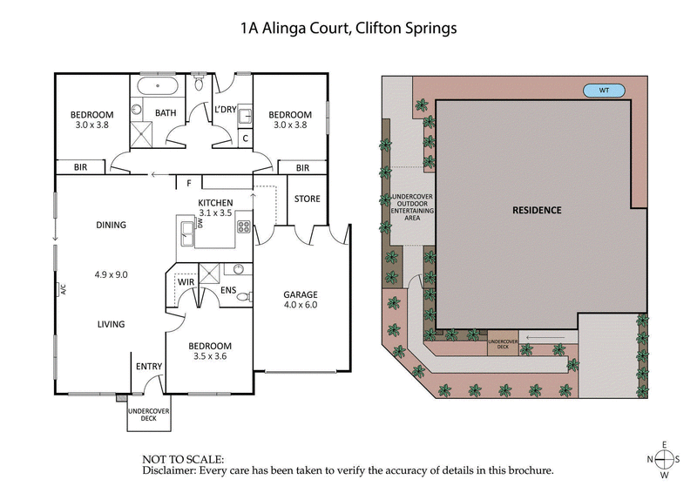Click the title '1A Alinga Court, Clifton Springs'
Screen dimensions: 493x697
pyautogui.click(x=348, y=28)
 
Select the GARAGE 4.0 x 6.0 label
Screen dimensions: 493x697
pyautogui.click(x=301, y=300)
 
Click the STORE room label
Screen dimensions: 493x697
pyautogui.click(x=307, y=199)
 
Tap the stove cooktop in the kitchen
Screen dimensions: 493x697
pyautogui.click(x=244, y=227)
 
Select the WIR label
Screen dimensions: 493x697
pyautogui.click(x=185, y=282)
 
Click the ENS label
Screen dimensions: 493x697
pyautogui.click(x=228, y=290)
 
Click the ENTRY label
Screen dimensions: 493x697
pyautogui.click(x=148, y=366)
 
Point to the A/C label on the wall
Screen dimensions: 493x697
pyautogui.click(x=62, y=290)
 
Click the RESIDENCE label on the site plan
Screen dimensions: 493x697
pyautogui.click(x=536, y=210)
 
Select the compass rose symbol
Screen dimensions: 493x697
pyautogui.click(x=664, y=459)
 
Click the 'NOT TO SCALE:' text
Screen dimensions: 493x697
pyautogui.click(x=183, y=458)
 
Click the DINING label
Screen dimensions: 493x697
pyautogui.click(x=111, y=225)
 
